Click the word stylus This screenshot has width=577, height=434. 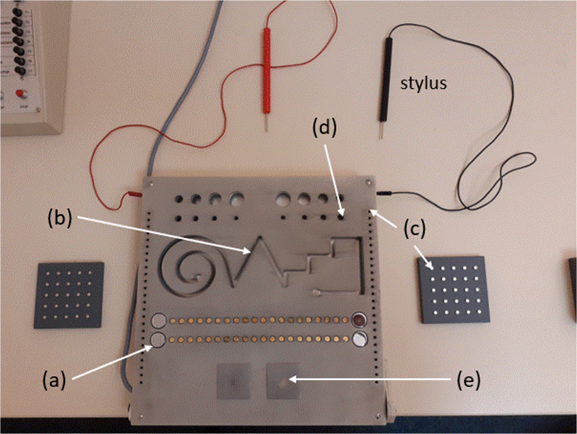[x=423, y=84]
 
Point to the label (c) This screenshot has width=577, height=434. [x=415, y=229]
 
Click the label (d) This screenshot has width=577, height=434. [x=324, y=128]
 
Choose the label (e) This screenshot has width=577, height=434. [x=468, y=380]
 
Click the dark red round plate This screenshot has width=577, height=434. [x=358, y=320]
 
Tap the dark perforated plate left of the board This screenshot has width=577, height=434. [x=69, y=295]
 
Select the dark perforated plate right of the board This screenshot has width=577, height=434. [x=454, y=289]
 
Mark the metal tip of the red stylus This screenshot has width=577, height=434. [x=267, y=123]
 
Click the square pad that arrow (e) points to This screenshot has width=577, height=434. [x=282, y=381]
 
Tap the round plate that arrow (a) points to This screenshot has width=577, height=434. [x=158, y=340]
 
